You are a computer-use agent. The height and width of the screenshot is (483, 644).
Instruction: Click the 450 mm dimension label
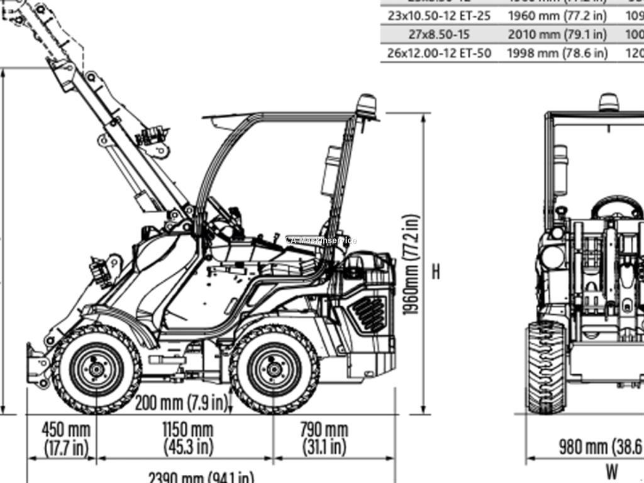(x=66, y=438)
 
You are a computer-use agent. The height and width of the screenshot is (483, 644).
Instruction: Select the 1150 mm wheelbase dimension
(x=187, y=438)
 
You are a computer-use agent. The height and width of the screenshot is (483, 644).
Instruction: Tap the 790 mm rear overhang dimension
(x=323, y=438)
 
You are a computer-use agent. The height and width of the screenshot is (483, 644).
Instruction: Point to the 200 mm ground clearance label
(x=180, y=402)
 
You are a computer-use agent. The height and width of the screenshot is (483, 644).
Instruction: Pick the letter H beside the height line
(x=436, y=272)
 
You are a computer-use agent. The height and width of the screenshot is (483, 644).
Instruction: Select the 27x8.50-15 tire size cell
(x=438, y=34)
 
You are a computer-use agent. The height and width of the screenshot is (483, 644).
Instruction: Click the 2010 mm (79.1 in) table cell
(x=557, y=34)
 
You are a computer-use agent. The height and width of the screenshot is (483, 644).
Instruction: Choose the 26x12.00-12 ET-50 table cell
(x=438, y=53)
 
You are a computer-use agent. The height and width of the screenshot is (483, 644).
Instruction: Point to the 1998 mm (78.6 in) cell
(x=557, y=53)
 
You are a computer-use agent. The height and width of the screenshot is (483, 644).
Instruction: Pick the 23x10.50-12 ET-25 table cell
(x=438, y=14)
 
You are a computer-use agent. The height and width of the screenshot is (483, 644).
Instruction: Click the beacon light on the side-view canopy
(x=367, y=106)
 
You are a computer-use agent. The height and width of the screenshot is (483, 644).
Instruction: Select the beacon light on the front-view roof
(x=608, y=102)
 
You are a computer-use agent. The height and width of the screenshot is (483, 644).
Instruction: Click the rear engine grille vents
(x=368, y=313)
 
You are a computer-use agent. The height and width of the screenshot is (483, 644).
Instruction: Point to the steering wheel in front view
(x=617, y=207)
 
